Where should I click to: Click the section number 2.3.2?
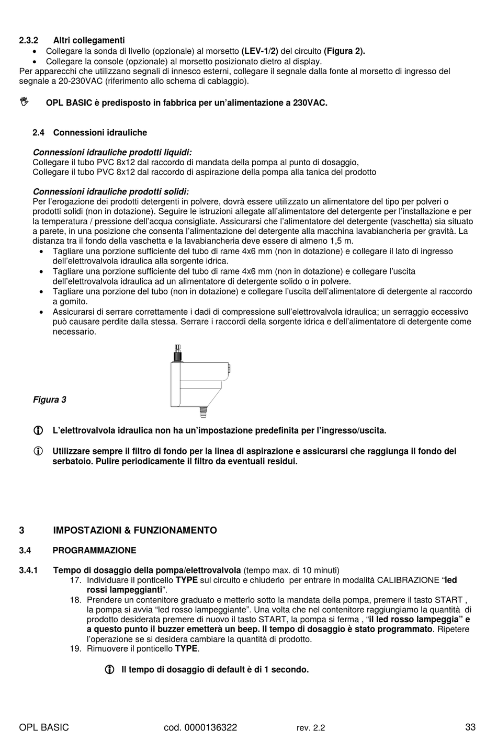pyautogui.click(x=29, y=40)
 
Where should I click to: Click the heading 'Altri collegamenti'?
pyautogui.click(x=89, y=40)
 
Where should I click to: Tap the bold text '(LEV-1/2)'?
pyautogui.click(x=259, y=51)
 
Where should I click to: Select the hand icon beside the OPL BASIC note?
pyautogui.click(x=24, y=102)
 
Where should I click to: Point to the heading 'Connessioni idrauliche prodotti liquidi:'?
pyautogui.click(x=112, y=152)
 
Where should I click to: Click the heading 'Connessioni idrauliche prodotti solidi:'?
pyautogui.click(x=110, y=192)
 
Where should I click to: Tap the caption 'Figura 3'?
pyautogui.click(x=50, y=400)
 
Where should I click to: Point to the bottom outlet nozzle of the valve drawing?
pyautogui.click(x=203, y=412)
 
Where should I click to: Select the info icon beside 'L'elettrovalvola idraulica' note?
pyautogui.click(x=38, y=431)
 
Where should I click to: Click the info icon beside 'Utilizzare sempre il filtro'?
pyautogui.click(x=38, y=451)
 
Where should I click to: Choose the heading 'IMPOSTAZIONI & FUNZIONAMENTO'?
pyautogui.click(x=135, y=530)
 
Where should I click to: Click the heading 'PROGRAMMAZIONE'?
pyautogui.click(x=94, y=550)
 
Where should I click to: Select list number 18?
pyautogui.click(x=75, y=600)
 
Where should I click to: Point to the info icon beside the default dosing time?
pyautogui.click(x=109, y=670)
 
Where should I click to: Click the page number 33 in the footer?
pyautogui.click(x=470, y=726)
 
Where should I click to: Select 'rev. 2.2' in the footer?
pyautogui.click(x=311, y=727)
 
